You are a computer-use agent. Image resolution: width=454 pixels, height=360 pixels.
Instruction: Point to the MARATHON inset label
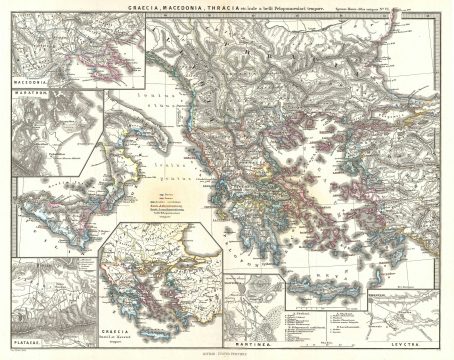[x=33, y=96]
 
